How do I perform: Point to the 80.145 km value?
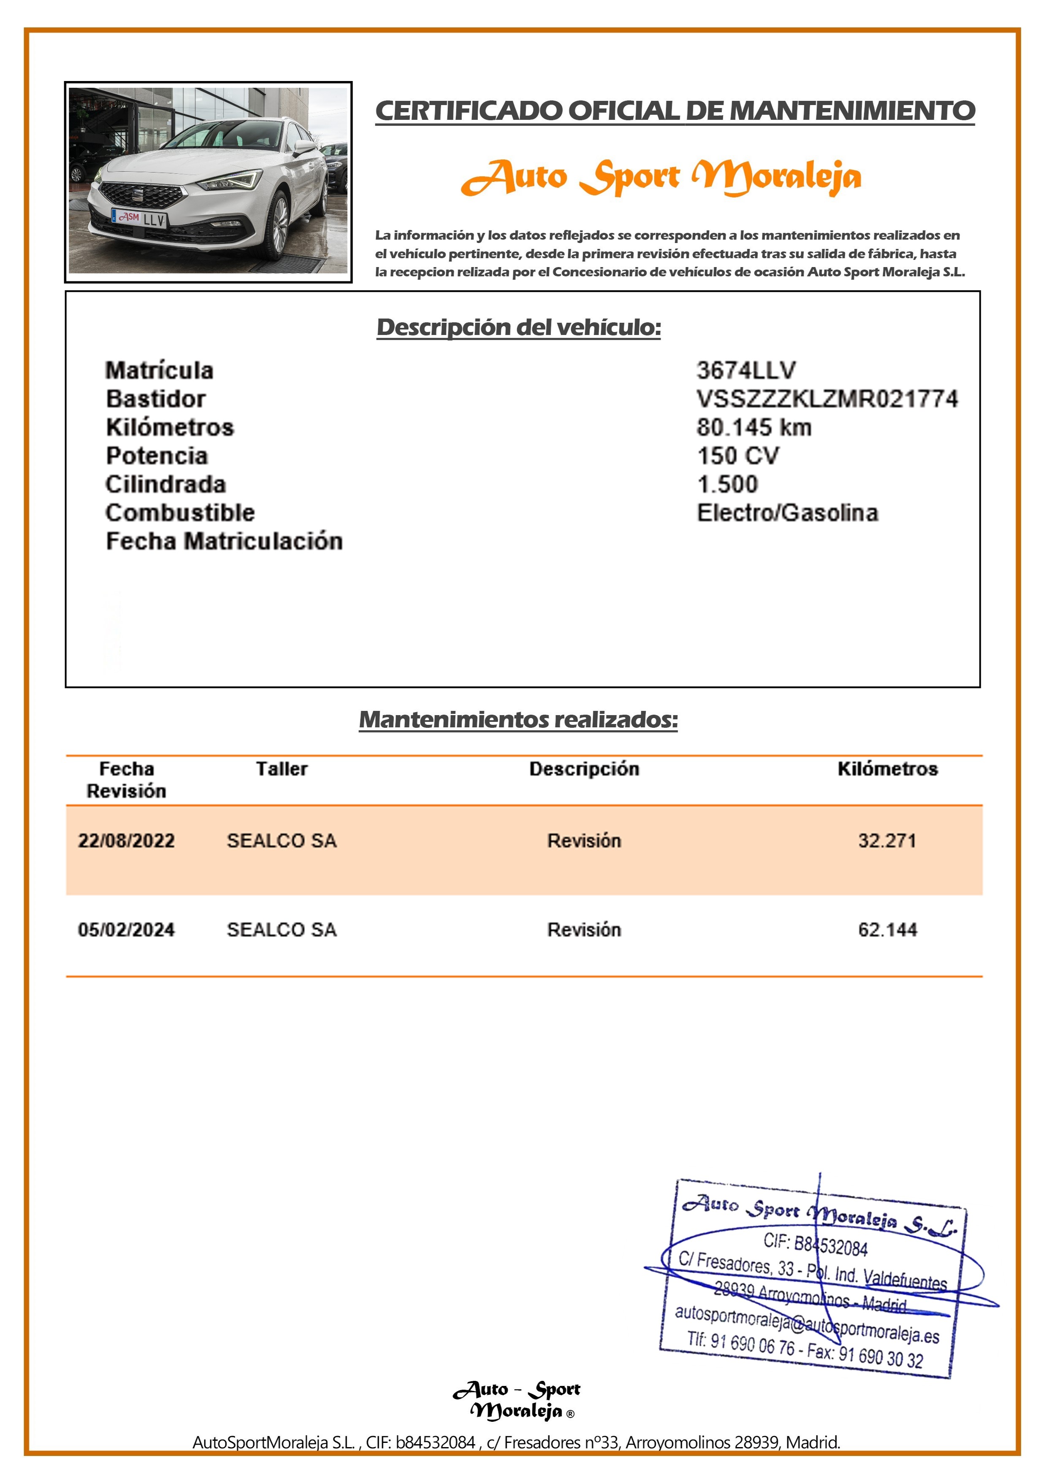(x=754, y=427)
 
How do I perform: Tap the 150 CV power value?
(x=738, y=456)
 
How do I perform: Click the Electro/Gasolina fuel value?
(x=787, y=513)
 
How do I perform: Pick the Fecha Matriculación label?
(x=224, y=541)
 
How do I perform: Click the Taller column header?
(x=282, y=769)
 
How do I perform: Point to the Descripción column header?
(x=584, y=769)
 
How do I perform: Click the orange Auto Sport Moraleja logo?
(x=661, y=177)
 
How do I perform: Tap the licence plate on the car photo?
(x=140, y=219)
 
